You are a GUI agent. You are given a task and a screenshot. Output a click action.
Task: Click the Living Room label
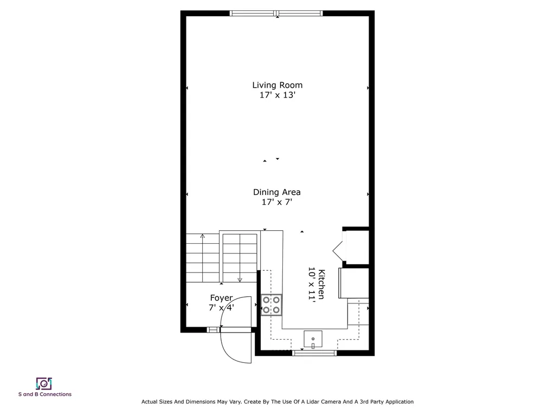click(277, 85)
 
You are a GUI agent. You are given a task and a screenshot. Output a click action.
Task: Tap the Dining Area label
click(276, 192)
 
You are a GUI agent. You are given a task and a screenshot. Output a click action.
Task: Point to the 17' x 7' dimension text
click(276, 203)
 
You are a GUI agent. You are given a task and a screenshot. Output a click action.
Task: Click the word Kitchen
click(321, 284)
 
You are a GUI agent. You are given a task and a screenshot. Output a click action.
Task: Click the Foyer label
click(221, 298)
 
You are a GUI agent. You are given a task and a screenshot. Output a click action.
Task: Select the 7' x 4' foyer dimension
click(221, 308)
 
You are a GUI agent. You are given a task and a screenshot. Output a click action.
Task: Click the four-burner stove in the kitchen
click(272, 304)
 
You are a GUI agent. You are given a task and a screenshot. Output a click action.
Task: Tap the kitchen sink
click(313, 340)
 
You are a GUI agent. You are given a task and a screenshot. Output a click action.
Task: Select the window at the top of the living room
click(276, 14)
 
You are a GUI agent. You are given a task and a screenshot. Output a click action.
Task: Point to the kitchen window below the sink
click(314, 353)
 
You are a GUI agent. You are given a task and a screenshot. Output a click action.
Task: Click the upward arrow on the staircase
click(203, 236)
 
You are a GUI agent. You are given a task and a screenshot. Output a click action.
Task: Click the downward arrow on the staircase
click(240, 278)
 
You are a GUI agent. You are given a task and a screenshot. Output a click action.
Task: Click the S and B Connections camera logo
click(43, 383)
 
